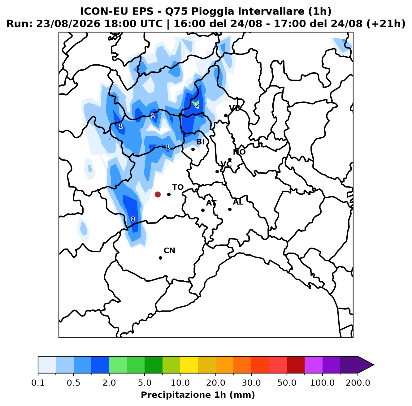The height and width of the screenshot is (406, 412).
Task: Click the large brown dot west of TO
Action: [x=158, y=194]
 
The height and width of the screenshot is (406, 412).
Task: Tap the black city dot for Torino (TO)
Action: [x=169, y=194]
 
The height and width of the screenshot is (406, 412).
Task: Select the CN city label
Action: [x=169, y=250]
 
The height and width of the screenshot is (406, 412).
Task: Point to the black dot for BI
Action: [x=193, y=149]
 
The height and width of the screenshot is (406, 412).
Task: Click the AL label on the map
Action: [x=238, y=202]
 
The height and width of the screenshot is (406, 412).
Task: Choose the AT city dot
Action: [x=203, y=210]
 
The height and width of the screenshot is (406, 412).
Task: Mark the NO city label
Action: [x=239, y=152]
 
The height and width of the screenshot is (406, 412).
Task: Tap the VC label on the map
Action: [x=226, y=164]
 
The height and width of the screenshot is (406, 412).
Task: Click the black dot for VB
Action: [x=226, y=116]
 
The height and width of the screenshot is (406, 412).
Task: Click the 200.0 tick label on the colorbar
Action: [x=358, y=383]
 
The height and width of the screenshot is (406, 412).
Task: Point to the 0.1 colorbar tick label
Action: [x=38, y=383]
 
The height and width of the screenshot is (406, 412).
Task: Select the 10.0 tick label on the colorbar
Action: [x=180, y=383]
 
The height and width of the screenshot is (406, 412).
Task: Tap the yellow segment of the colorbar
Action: [x=189, y=365]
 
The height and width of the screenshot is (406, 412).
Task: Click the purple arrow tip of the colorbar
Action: [x=374, y=365]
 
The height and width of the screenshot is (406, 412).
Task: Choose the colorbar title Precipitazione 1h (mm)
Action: [x=198, y=395]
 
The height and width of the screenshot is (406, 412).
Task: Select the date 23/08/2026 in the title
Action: [x=68, y=24]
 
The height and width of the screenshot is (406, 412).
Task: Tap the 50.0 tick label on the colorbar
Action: [x=287, y=383]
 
